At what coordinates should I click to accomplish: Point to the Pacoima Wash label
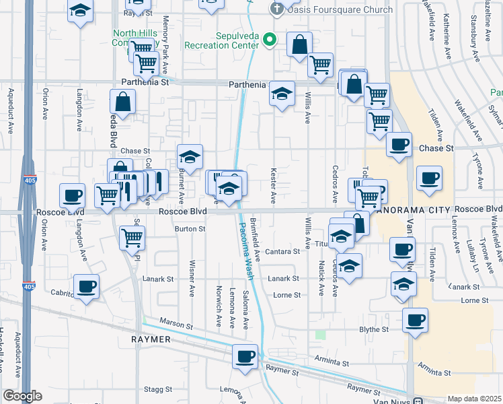pos(249,242)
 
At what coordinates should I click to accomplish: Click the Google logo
pos(22,396)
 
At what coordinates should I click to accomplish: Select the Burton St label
pos(190,229)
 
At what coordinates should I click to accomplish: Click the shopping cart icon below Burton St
pos(132,237)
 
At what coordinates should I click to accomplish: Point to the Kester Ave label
pos(274,187)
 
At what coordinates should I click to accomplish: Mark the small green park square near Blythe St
pos(321,334)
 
